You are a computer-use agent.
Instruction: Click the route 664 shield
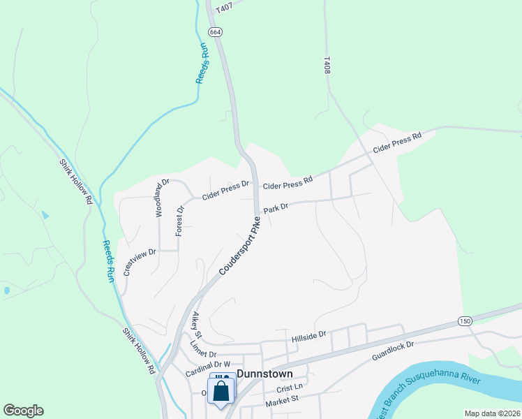[x=215, y=32]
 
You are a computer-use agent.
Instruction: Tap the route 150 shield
[x=465, y=321]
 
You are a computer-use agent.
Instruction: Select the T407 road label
[x=223, y=8]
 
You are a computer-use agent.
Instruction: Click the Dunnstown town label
[x=264, y=374]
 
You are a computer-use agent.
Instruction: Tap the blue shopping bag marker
[x=221, y=391]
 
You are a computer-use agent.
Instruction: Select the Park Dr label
[x=276, y=208]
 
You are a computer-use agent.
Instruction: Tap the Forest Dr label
[x=180, y=219]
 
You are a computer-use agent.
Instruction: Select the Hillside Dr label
[x=308, y=336]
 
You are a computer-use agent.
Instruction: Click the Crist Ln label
[x=290, y=387]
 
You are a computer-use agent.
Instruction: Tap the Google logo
[x=23, y=411]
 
